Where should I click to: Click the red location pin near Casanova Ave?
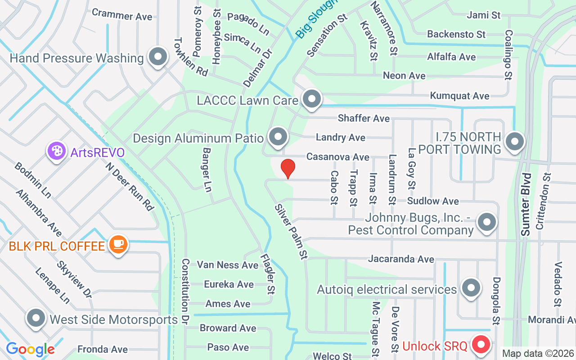tap(288, 168)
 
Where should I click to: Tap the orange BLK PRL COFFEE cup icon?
tap(118, 244)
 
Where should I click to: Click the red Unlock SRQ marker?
tap(481, 345)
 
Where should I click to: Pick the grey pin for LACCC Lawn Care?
tap(311, 99)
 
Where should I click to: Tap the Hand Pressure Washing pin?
tap(157, 57)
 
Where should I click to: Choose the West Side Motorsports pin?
tap(36, 318)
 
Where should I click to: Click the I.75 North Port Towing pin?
tap(515, 142)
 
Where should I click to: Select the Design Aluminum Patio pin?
tap(278, 136)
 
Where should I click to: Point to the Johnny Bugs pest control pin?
tap(486, 222)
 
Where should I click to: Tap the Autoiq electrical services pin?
tap(471, 287)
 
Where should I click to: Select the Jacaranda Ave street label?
tap(401, 259)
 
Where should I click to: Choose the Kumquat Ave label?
tap(459, 96)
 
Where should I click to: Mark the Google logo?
tap(30, 349)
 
